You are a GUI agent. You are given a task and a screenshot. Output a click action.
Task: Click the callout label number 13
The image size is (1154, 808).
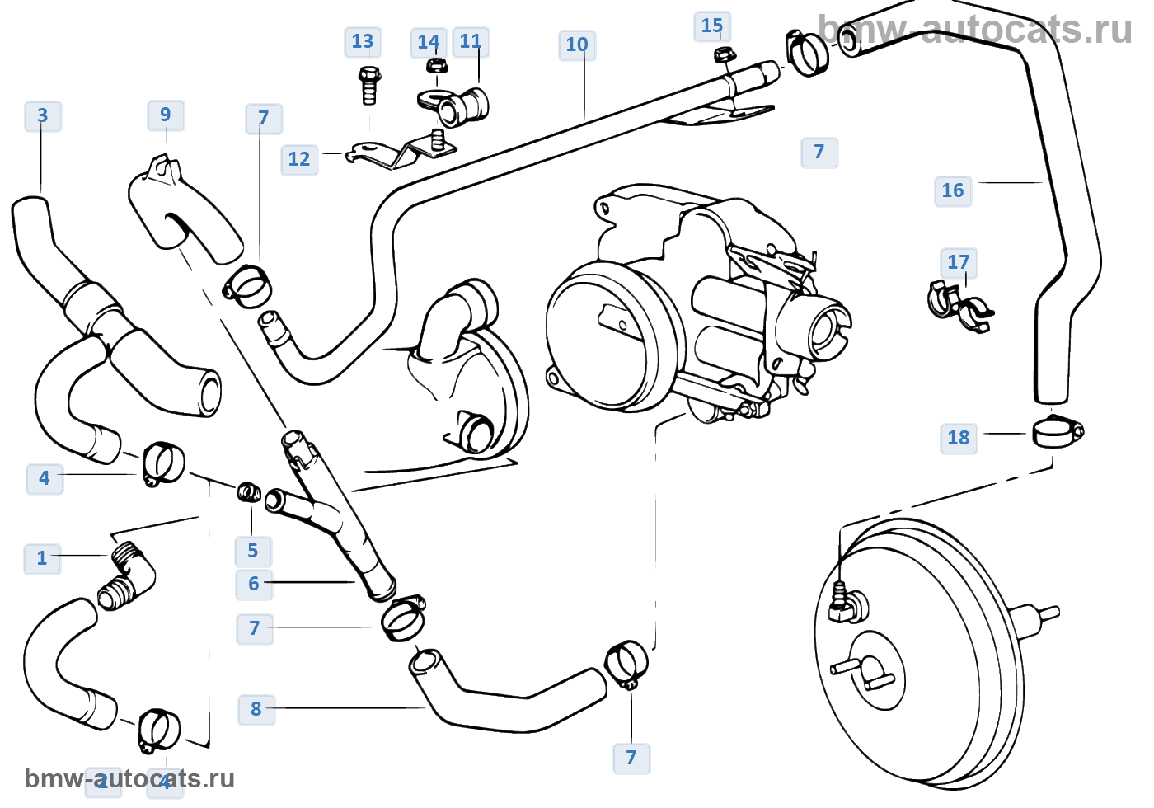pos(363,42)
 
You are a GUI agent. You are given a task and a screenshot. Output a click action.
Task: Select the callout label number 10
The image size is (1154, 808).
pos(577,45)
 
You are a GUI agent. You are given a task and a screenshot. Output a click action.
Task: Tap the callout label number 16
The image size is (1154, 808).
pos(952,190)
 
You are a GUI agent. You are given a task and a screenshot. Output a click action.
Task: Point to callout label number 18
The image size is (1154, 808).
pos(958,438)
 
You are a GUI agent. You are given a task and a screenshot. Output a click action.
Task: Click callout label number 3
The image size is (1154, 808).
pos(43,116)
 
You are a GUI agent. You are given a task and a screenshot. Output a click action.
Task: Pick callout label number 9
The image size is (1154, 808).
pos(166,115)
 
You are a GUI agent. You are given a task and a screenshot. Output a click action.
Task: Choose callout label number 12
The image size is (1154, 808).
pos(299,159)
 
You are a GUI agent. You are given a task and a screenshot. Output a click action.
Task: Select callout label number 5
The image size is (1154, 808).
pos(253,551)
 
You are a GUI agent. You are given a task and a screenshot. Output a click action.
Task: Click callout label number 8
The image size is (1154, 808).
pos(256,709)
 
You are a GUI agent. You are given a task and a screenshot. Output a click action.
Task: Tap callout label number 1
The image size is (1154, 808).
pos(42,558)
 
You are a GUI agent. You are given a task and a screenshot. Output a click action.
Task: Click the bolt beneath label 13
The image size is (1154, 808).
pos(368,86)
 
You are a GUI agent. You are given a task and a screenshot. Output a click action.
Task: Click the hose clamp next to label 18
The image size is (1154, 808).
pos(1056,431)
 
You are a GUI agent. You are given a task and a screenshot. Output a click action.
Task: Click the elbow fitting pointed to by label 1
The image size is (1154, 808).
pos(128,575)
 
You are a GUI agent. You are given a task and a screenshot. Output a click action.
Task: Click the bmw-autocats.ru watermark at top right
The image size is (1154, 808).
pos(975,30)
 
